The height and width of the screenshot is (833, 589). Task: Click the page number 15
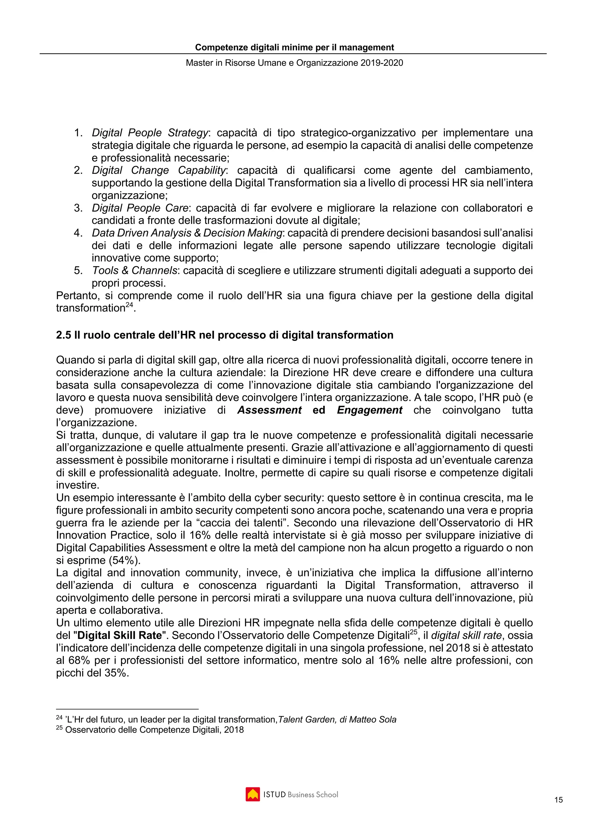coord(559,800)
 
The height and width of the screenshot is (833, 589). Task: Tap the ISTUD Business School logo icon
coord(253,794)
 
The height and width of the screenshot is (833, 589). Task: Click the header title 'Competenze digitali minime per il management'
coord(294,47)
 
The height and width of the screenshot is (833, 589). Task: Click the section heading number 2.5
coord(64,335)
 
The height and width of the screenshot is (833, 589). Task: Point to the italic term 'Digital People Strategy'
coord(150,133)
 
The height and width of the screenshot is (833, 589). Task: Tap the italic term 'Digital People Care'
coord(140,208)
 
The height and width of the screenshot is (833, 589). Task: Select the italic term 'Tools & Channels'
coord(134,270)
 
